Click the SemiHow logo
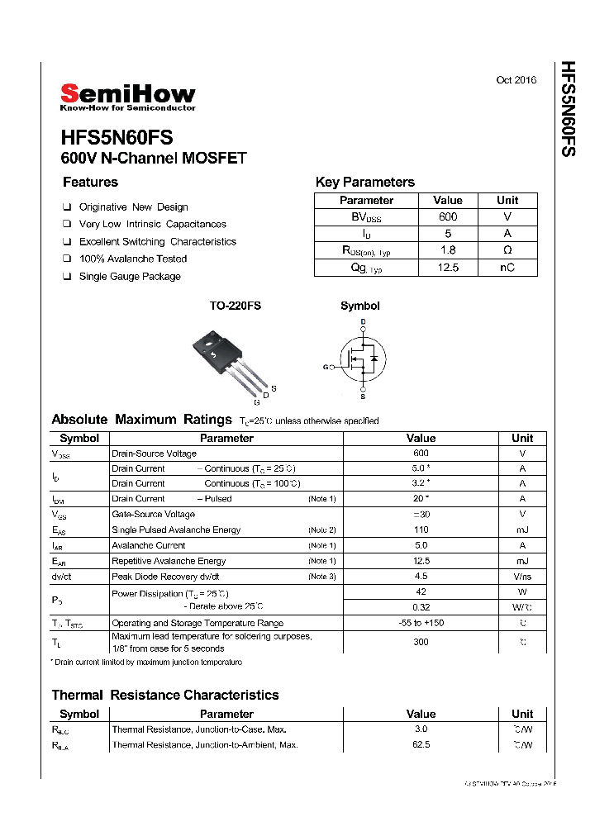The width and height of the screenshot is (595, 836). [x=127, y=97]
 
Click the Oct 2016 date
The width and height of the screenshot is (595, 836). [x=516, y=80]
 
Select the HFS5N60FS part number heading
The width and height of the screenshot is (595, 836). [x=117, y=138]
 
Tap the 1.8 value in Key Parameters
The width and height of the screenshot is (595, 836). [x=448, y=250]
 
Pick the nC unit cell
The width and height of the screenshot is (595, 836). [x=507, y=268]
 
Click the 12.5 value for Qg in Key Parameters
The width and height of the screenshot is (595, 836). [x=448, y=268]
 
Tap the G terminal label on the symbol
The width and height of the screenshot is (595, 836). [x=326, y=367]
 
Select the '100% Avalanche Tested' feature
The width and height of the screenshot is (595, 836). [x=132, y=259]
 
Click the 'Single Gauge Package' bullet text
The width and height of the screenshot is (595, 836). [x=129, y=277]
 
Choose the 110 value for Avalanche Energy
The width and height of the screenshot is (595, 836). [x=421, y=530]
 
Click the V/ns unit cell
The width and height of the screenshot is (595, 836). [x=522, y=577]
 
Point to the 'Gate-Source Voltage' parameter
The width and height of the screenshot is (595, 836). [x=153, y=515]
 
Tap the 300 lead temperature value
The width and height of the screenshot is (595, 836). [x=421, y=642]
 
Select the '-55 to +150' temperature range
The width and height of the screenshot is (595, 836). [x=421, y=623]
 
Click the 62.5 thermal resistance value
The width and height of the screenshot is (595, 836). [x=421, y=745]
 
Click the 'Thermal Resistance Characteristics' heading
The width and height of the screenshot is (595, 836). [x=165, y=696]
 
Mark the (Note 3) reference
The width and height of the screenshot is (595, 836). [x=321, y=577]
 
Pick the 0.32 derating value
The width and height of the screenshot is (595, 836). [x=421, y=607]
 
